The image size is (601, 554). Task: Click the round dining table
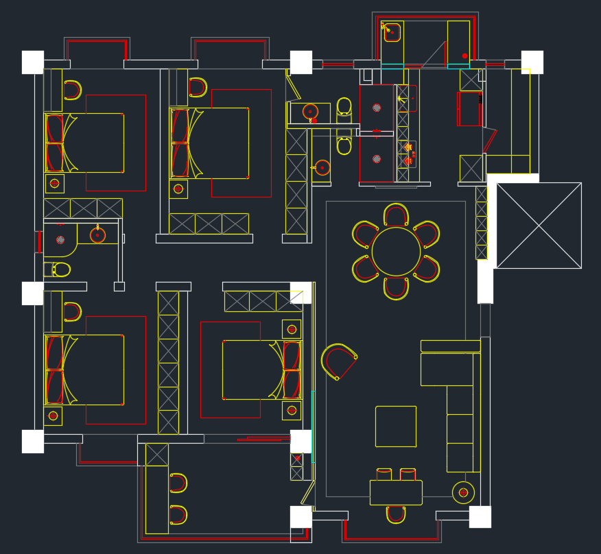coord(396,252)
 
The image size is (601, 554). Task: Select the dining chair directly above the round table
coord(396,215)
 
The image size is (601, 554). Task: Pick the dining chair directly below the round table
coord(396,288)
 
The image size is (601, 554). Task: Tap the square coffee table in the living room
coord(396,426)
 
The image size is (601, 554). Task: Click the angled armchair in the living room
coord(339,361)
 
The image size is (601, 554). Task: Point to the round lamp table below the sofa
coord(463,492)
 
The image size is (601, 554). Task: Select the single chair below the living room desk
coord(396,514)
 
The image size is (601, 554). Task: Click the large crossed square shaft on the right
coord(539,225)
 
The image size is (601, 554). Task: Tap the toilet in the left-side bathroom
coord(59,269)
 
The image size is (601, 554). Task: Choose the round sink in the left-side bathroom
coord(97,235)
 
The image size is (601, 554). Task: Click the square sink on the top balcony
coord(392,32)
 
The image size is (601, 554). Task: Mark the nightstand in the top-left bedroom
coord(54,183)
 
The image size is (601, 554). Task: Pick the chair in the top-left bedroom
coord(72,90)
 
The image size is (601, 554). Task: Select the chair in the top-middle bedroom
coord(198,87)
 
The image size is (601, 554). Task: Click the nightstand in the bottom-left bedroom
coord(53,416)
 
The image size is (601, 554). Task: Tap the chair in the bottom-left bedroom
coord(72,312)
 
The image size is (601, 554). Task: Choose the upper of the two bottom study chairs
coord(178,483)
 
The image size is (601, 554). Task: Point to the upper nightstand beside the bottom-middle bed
coord(292,329)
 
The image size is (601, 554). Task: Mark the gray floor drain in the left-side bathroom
coord(60,240)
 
